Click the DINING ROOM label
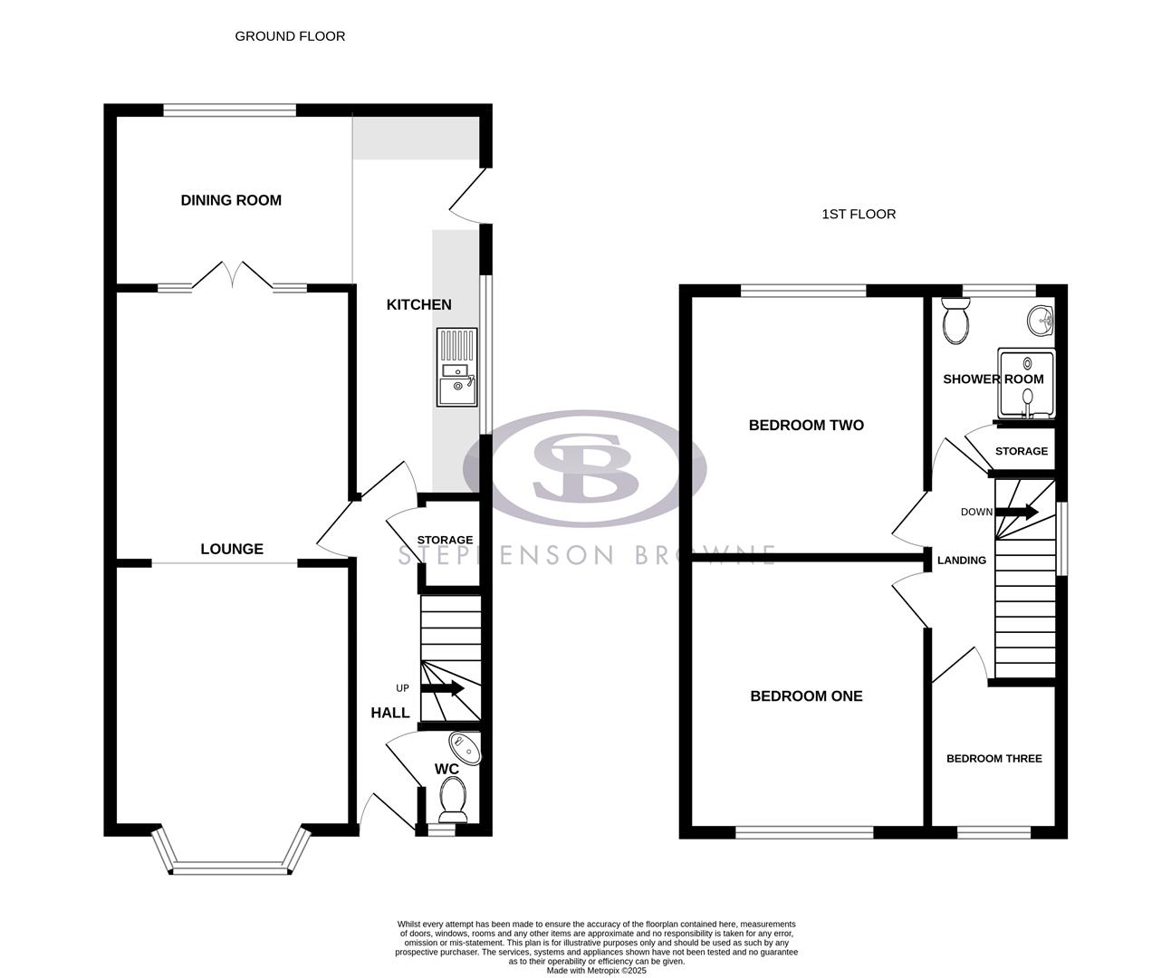coord(231,200)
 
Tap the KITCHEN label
coord(418,305)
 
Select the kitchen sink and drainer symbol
coord(456,367)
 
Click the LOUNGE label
coord(232,549)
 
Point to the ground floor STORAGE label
coord(445,541)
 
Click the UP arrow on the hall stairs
coord(443,689)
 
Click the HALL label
coord(390,713)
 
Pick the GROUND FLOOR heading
coord(290,36)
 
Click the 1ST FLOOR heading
coord(859,215)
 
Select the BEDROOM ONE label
coord(806,696)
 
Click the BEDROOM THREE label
coord(993,759)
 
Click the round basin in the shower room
coord(1041,320)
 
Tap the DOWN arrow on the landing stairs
coord(1018,512)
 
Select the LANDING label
coord(961,561)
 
